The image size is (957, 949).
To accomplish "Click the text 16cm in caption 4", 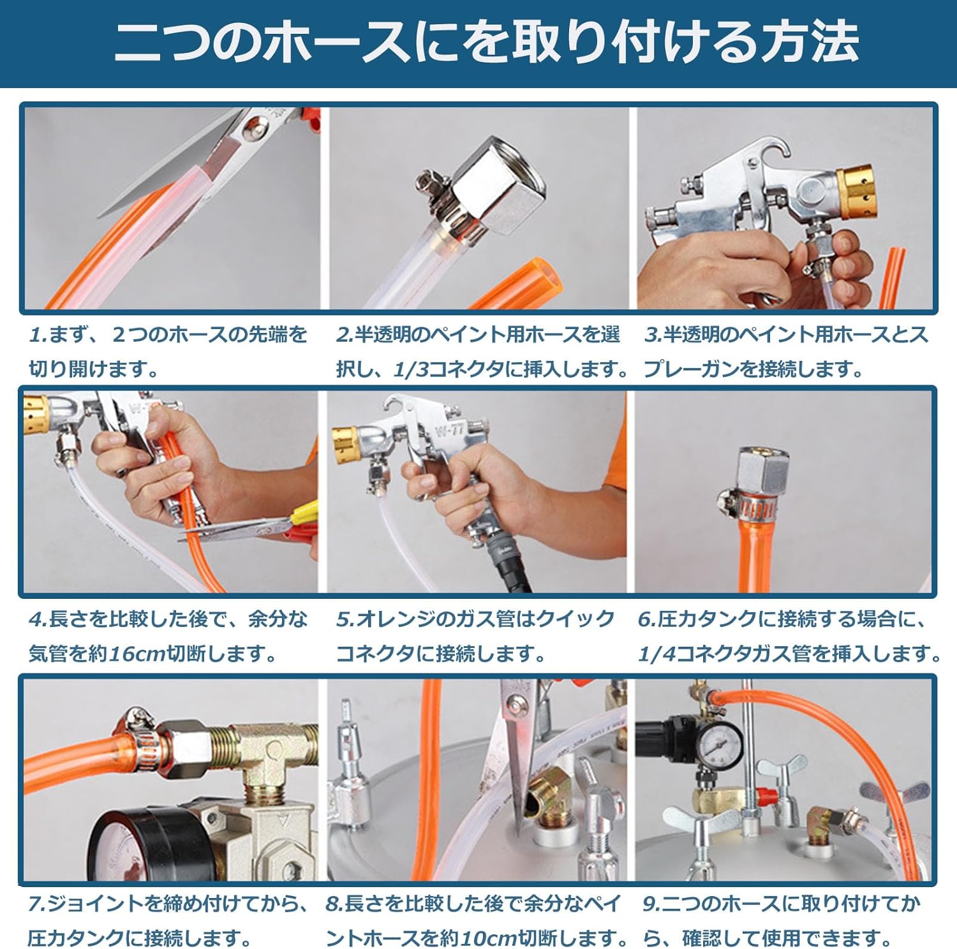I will pos(137,654).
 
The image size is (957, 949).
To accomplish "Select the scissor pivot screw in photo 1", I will pos(254,131).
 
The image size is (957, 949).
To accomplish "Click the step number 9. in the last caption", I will pos(650,904).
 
